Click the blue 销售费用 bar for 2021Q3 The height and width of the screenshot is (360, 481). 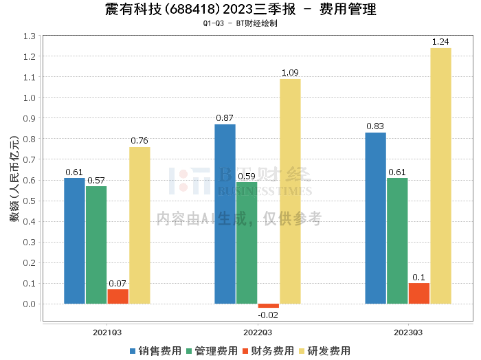coord(74,240)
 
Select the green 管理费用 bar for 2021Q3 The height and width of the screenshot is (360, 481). coord(96,245)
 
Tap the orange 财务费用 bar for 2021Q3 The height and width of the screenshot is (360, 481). coord(118,296)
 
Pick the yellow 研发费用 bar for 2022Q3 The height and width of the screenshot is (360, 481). coord(290,191)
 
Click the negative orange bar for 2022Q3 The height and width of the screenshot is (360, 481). coord(269,306)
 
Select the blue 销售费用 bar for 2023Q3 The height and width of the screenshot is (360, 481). coord(375,218)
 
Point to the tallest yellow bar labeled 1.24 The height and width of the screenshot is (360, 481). coord(440,176)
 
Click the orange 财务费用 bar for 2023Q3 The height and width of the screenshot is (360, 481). coord(418,293)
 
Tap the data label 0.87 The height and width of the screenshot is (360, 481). coord(225,118)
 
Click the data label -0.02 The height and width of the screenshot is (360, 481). coord(269,315)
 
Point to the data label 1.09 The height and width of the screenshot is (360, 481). coord(290,73)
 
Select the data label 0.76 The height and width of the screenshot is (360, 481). coord(139,141)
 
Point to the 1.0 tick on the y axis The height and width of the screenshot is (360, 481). coord(30,98)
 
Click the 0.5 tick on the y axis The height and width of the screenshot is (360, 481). coord(30,201)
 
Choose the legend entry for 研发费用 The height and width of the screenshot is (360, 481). coord(324,351)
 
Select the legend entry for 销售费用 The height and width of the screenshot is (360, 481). coord(155,351)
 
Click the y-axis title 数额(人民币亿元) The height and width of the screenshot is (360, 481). coord(12,180)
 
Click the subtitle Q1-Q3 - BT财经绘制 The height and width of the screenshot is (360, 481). coord(240,23)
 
